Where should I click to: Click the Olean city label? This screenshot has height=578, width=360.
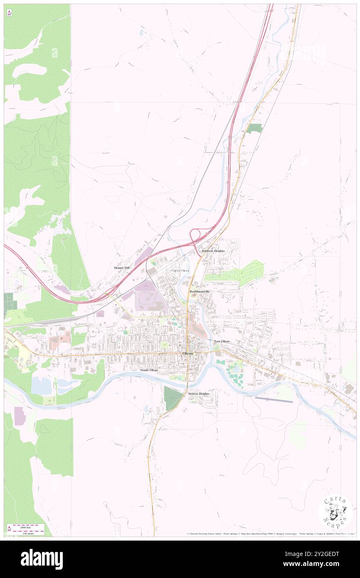point(187,353)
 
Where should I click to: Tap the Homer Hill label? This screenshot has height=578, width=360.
point(122,268)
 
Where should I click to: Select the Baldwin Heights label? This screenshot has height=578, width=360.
point(213,251)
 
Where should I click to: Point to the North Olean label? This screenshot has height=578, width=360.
point(180,271)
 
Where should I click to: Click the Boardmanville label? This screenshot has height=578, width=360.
point(200,292)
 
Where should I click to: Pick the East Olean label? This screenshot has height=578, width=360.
point(222,341)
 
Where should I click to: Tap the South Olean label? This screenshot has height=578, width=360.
point(149,370)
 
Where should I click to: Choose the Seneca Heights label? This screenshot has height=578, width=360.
point(198,393)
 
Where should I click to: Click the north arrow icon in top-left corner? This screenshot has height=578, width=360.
point(9,13)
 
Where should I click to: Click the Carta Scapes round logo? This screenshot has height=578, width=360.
point(335,511)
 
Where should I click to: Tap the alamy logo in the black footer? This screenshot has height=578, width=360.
point(42,559)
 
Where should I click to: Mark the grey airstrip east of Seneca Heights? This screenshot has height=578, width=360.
point(274,400)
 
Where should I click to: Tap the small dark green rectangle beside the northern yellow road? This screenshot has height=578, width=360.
point(254,128)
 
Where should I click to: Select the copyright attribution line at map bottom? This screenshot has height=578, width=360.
point(270,534)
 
